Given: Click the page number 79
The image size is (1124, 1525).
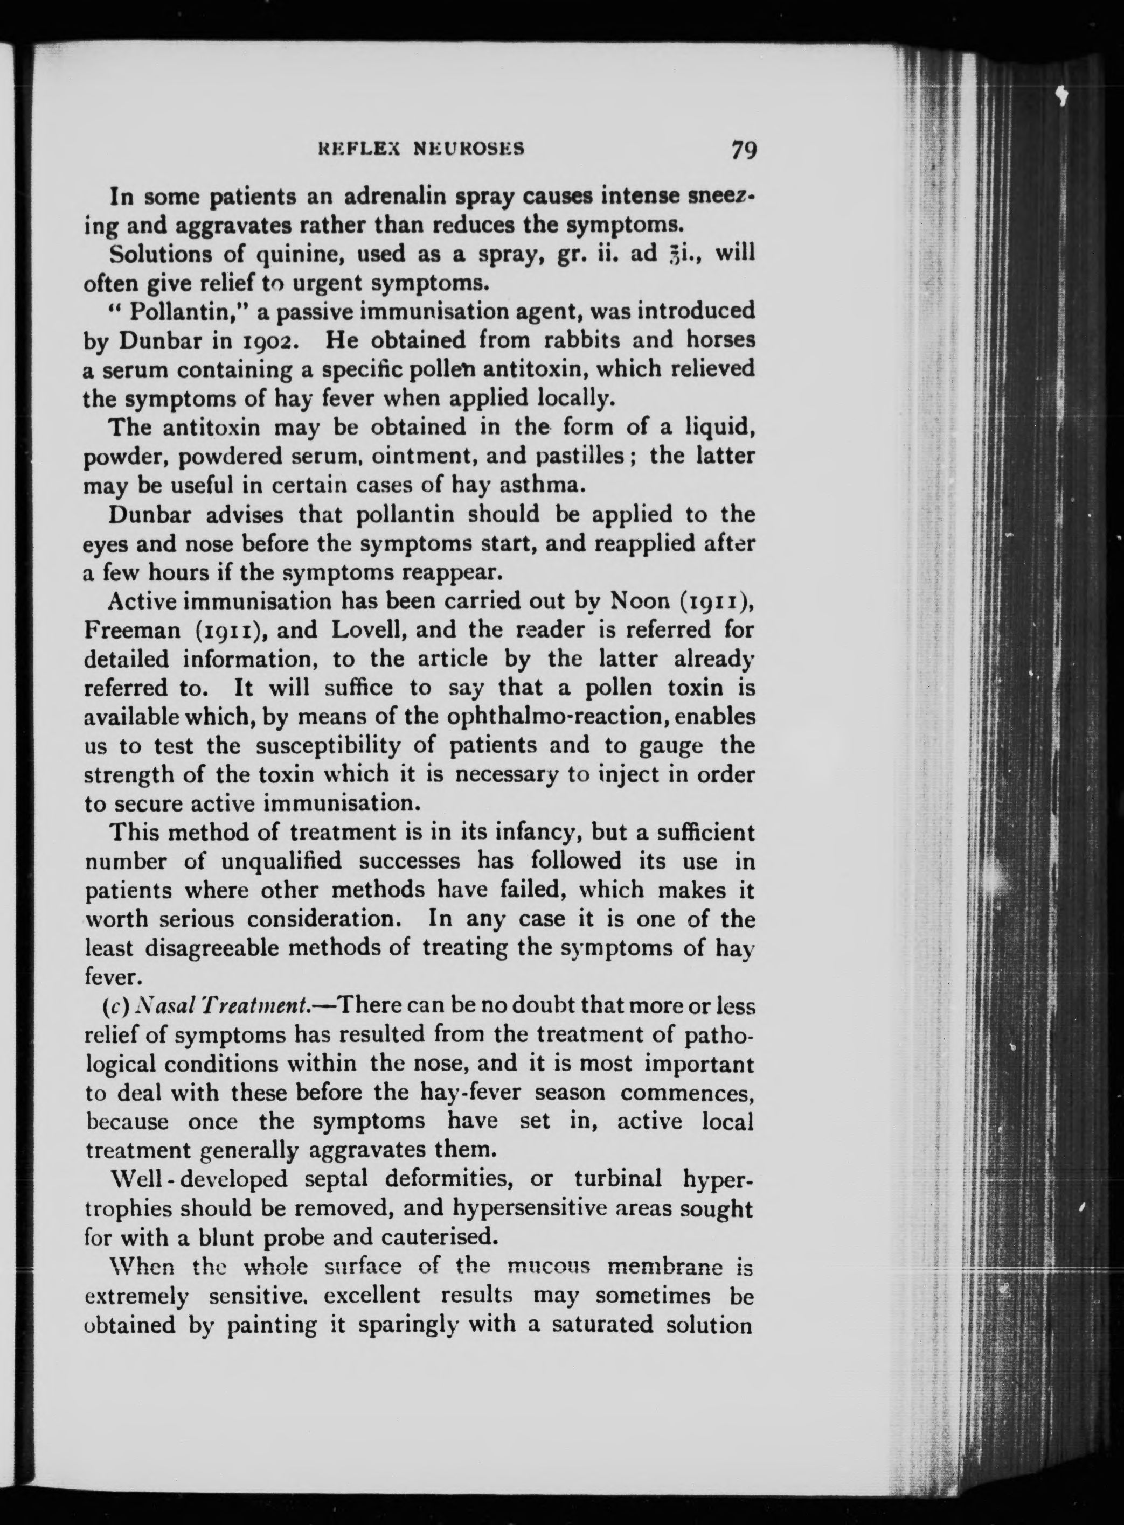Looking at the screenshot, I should (744, 149).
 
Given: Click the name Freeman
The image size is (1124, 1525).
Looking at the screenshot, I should (132, 630).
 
